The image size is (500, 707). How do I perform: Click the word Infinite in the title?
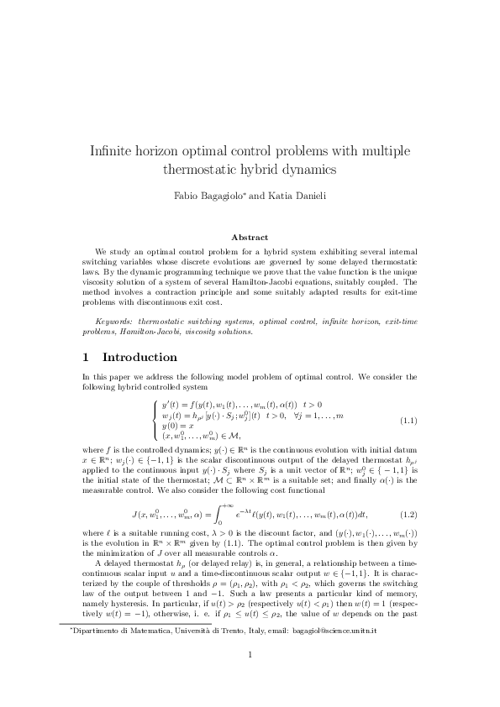(113, 151)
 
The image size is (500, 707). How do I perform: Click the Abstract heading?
(250, 238)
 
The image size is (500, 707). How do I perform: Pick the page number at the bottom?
(250, 656)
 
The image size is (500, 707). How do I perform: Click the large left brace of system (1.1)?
(154, 420)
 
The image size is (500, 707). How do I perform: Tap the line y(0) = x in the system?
(178, 427)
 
